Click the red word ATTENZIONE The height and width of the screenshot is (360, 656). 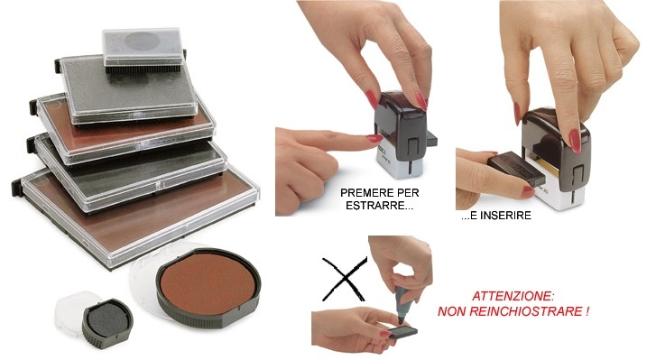click(x=513, y=297)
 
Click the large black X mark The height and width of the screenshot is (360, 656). click(x=345, y=279)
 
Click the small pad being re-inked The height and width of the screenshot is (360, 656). click(x=402, y=332)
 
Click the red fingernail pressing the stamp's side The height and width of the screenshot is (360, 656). click(x=374, y=138)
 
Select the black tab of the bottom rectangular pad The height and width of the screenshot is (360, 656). click(x=17, y=188)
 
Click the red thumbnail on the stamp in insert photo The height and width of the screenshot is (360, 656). click(x=575, y=141)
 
